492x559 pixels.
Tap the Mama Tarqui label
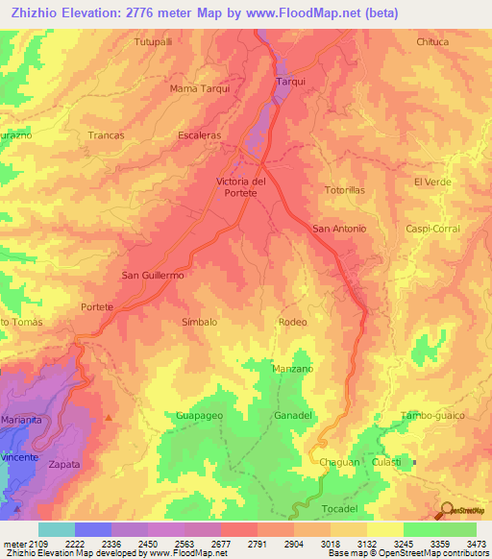point(199,88)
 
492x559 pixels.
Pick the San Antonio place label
point(339,228)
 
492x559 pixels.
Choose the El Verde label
point(431,182)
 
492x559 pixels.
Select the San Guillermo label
point(152,275)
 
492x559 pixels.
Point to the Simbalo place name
point(199,322)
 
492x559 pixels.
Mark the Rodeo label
point(293,322)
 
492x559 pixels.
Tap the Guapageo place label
point(199,415)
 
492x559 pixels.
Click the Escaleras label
point(199,135)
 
